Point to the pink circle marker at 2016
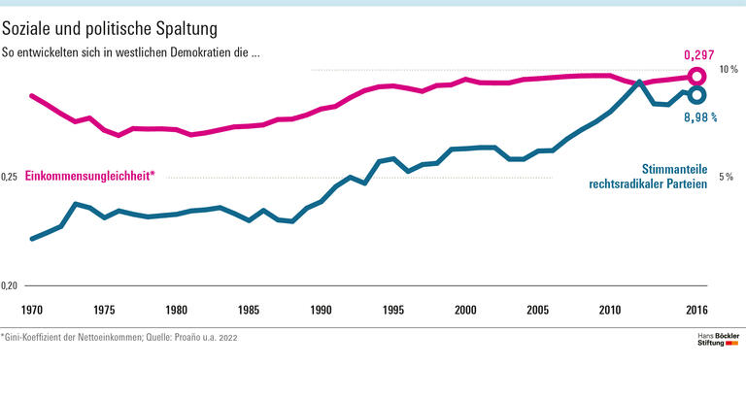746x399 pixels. pos(695,77)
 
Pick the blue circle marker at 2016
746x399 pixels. pos(696,94)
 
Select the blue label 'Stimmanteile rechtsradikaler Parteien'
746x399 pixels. pos(647,175)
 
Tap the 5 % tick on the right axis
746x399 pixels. pos(726,178)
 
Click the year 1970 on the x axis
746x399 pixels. pos(32,310)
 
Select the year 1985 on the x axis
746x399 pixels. pos(249,310)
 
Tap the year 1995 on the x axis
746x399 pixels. pos(392,310)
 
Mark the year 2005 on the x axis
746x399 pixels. pos(537,310)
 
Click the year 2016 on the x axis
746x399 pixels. pos(695,310)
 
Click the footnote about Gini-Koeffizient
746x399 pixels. pos(119,338)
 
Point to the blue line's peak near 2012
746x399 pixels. pos(638,83)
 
